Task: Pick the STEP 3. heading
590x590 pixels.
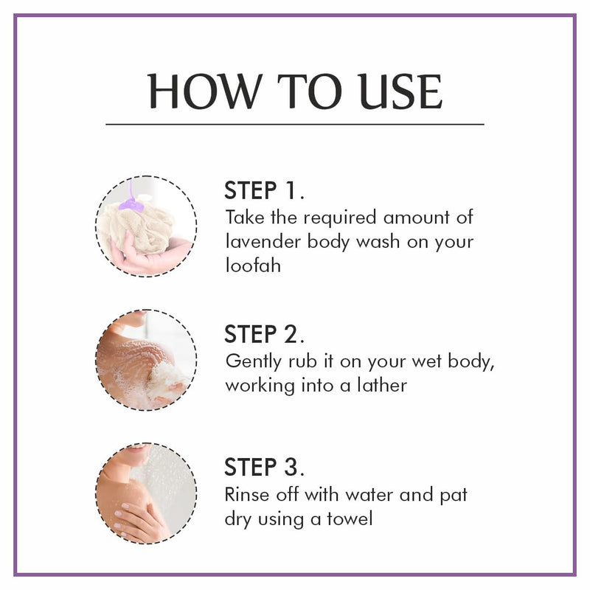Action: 264,468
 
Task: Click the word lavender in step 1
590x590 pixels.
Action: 257,241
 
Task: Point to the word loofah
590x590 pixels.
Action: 253,265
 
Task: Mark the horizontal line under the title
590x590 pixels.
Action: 295,124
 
